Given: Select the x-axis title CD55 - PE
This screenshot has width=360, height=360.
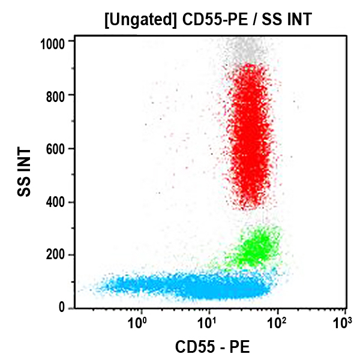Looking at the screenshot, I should point(212,347).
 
